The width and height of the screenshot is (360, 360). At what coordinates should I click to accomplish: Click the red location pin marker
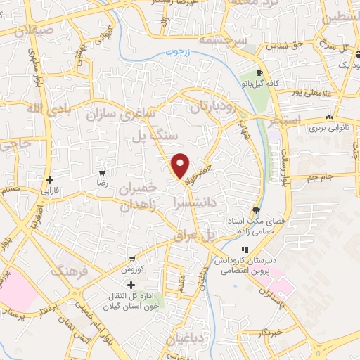point(181,165)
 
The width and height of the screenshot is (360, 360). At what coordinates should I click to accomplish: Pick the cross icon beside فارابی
point(49,180)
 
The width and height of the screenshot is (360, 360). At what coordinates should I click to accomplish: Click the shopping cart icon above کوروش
point(131,259)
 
